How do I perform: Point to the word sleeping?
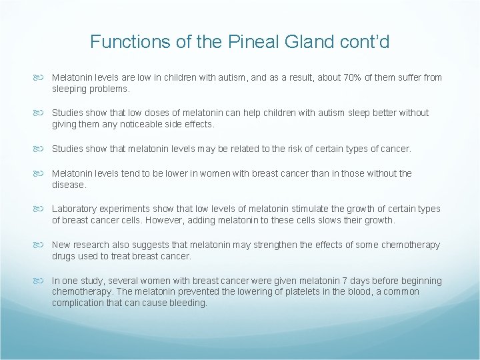(71, 88)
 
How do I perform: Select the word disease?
(69, 185)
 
